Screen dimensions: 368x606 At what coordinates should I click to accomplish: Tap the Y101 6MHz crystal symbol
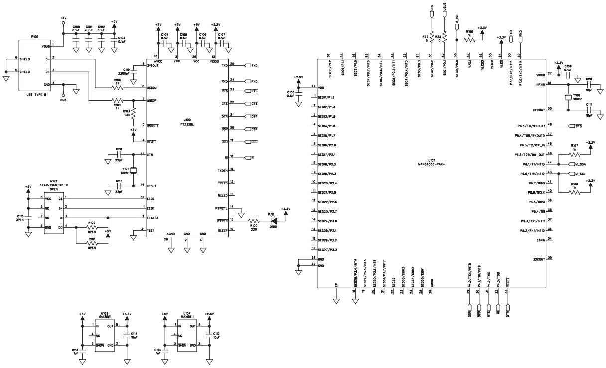134,170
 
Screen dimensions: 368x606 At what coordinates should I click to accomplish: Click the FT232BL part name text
187,123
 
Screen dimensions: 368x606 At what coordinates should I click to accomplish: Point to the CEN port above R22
432,12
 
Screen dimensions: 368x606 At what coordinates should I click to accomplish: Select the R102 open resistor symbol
91,227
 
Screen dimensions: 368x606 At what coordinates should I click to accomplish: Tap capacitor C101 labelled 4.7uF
89,42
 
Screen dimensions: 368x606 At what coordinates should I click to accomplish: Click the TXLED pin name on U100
222,182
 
